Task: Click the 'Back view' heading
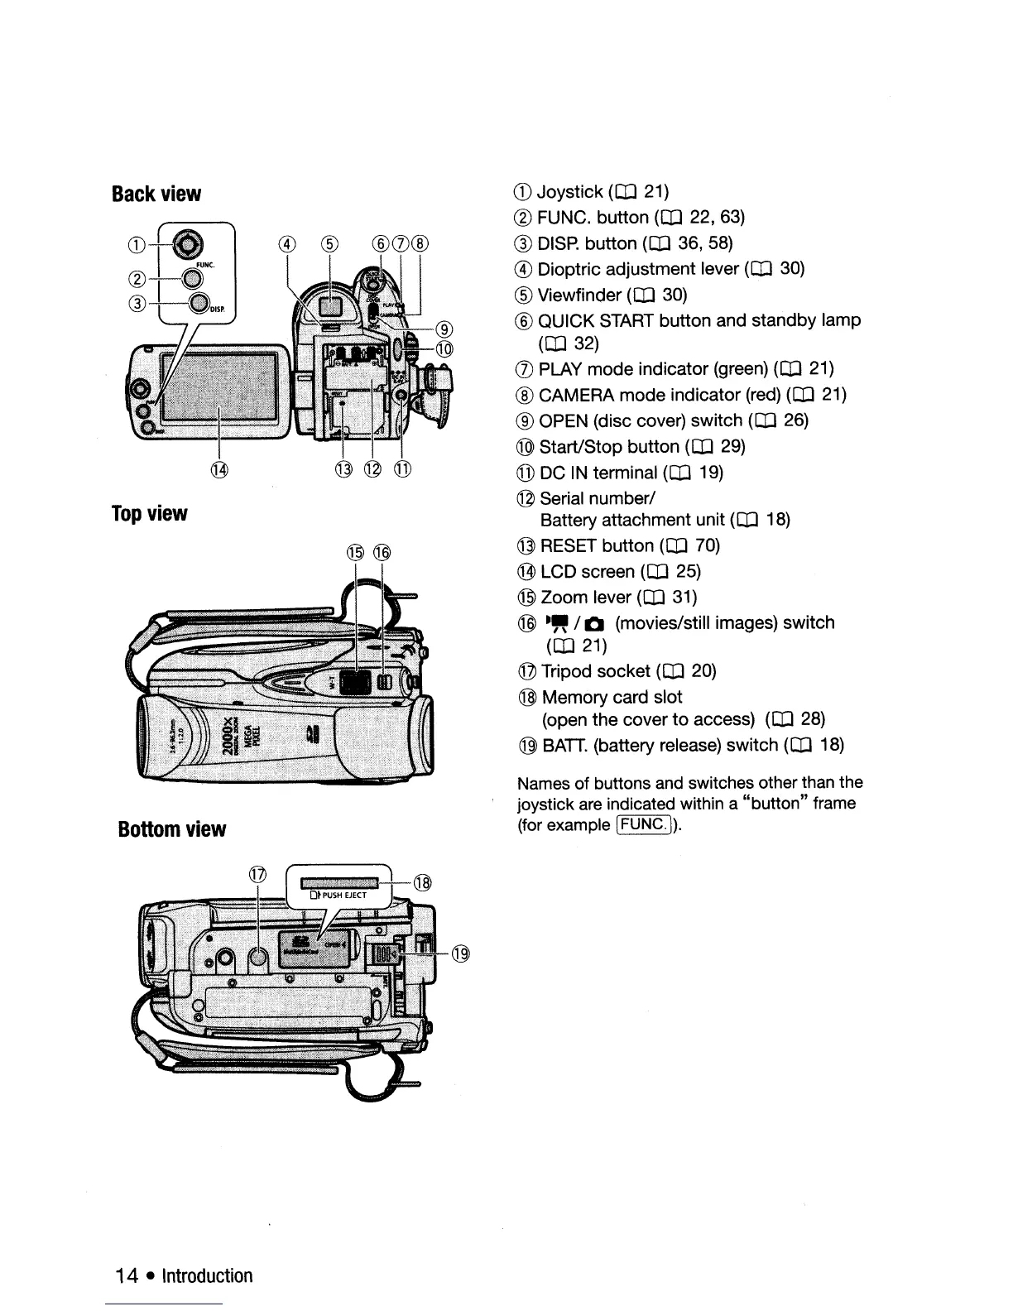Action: click(x=156, y=194)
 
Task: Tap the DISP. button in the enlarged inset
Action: click(x=198, y=305)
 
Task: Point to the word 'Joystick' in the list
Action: click(x=570, y=193)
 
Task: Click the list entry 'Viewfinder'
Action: click(x=579, y=295)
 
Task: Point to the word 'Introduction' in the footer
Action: click(x=207, y=1276)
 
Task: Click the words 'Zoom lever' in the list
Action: click(x=587, y=598)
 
